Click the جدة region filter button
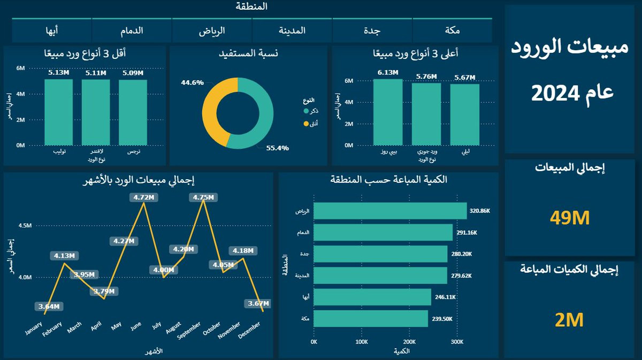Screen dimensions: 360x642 coord(372,30)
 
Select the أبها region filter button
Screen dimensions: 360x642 coord(52,30)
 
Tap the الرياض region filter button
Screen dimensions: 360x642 coord(212,30)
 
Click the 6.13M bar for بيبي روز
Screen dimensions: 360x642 coord(388,112)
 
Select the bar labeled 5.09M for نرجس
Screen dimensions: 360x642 coord(133,112)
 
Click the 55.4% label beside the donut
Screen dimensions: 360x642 coord(277,148)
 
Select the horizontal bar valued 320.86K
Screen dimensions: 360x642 coord(390,211)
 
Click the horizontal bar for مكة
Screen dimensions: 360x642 coord(371,319)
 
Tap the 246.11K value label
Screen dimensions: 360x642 coord(446,297)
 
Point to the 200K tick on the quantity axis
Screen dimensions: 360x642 coord(409,342)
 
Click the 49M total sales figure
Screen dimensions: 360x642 coord(569,218)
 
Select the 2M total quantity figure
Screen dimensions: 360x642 coord(569,320)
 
